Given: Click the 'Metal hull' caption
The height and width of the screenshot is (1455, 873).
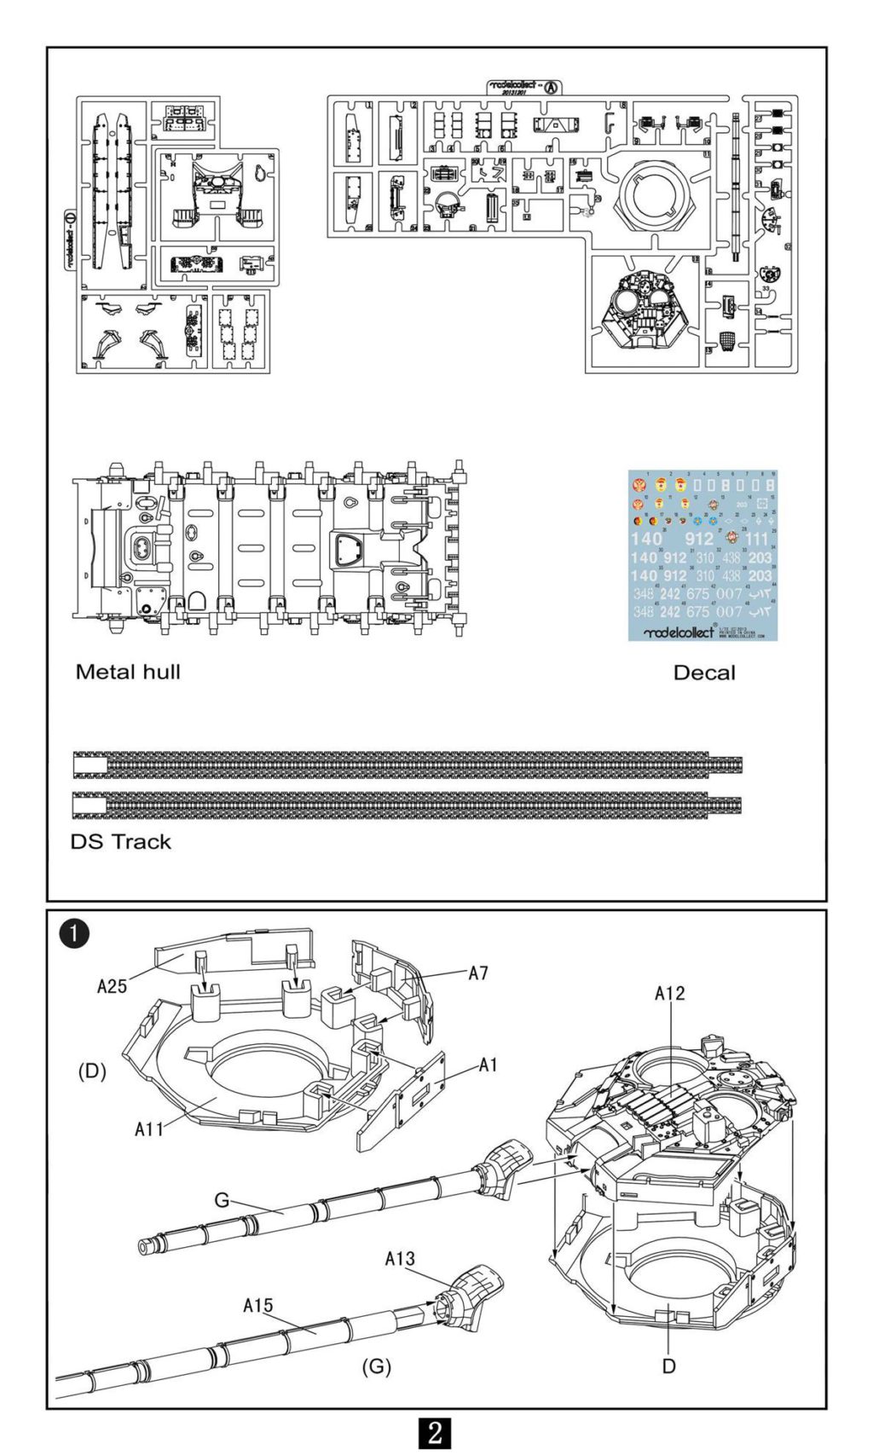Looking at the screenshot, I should (x=128, y=672).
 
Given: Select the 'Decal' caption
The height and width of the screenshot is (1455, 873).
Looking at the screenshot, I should (x=703, y=673).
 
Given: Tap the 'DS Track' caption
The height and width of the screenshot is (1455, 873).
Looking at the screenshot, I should (x=120, y=841).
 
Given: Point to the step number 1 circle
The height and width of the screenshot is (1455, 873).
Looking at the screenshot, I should (x=75, y=932).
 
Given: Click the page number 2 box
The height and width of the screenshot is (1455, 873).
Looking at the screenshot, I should (x=436, y=1432).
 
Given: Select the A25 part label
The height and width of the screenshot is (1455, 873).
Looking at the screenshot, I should (x=112, y=986).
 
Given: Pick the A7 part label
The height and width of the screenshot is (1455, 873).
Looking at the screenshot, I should (x=478, y=973).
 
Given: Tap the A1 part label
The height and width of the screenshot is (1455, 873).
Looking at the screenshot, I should (x=488, y=1065).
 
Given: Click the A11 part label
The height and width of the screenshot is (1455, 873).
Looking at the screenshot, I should (x=149, y=1129).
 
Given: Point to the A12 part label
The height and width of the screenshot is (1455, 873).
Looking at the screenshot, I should (x=669, y=993).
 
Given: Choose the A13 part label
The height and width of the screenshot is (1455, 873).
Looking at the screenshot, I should (x=400, y=1258).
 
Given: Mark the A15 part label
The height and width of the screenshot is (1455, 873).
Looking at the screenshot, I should (x=258, y=1305).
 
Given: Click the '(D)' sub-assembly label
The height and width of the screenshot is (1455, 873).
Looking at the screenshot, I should (x=92, y=1071).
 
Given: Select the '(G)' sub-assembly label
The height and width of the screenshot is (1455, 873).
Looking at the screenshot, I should (x=376, y=1366).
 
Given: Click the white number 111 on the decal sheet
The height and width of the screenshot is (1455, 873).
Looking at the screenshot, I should (x=756, y=539).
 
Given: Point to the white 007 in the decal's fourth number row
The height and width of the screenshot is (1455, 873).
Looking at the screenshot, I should (x=729, y=593).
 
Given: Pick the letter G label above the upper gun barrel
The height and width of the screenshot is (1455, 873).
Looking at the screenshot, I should (x=222, y=1200).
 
